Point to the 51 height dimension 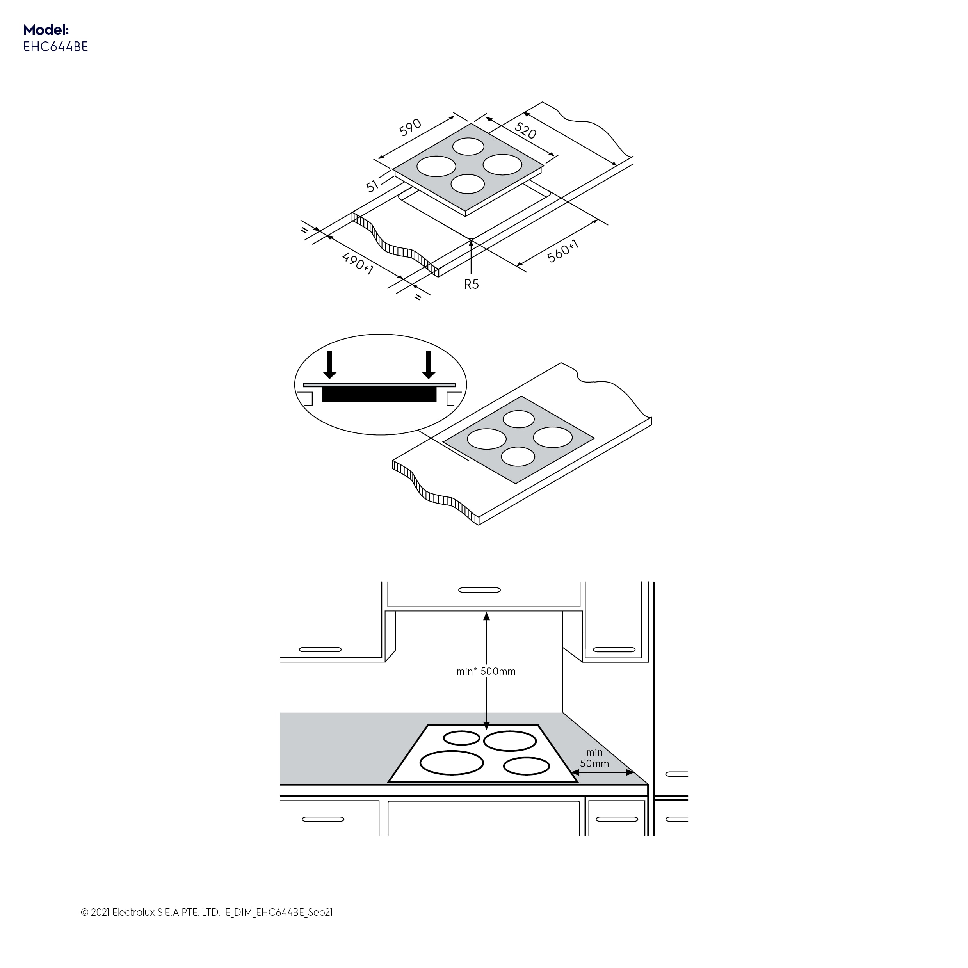pyautogui.click(x=372, y=186)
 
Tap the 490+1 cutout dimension pyautogui.click(x=358, y=263)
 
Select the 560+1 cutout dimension pyautogui.click(x=563, y=251)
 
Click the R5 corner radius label pyautogui.click(x=471, y=285)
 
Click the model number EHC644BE pyautogui.click(x=55, y=46)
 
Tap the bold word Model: pyautogui.click(x=46, y=30)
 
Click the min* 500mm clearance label pyautogui.click(x=486, y=671)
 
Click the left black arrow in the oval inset pyautogui.click(x=329, y=364)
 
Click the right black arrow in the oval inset pyautogui.click(x=429, y=364)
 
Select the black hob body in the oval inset pyautogui.click(x=379, y=394)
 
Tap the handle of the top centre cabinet pyautogui.click(x=479, y=590)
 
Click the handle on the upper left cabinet pyautogui.click(x=320, y=650)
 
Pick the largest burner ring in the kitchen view pyautogui.click(x=452, y=763)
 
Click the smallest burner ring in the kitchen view pyautogui.click(x=461, y=738)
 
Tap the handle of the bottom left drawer pyautogui.click(x=323, y=819)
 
